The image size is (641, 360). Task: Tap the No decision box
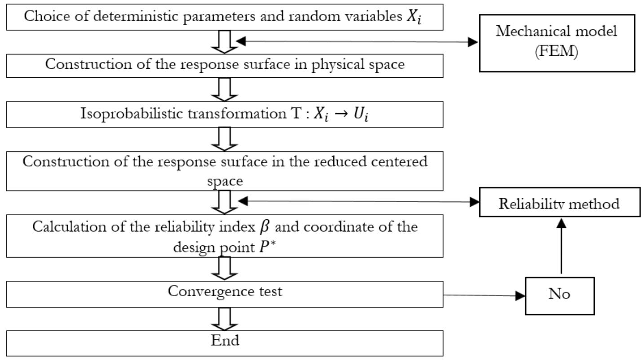coord(560,295)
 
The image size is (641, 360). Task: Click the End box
coord(225,343)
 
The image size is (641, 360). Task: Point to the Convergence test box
coord(225,294)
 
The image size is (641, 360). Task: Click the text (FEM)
coord(557,52)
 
